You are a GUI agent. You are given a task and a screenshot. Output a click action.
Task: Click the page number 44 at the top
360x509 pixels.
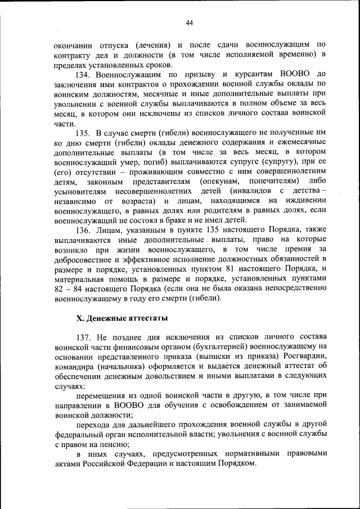[x=188, y=22]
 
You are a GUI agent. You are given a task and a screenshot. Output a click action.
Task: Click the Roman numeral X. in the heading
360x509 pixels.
[x=80, y=318]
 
